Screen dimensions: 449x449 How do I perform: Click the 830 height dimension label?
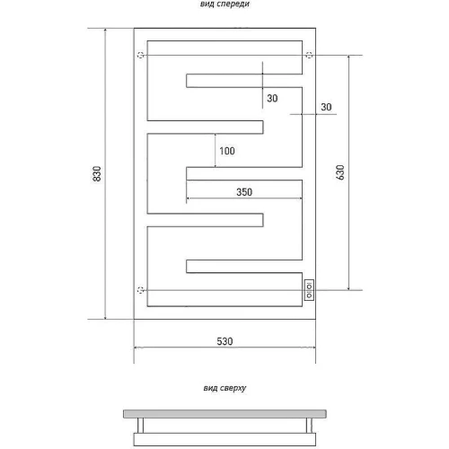pyautogui.click(x=97, y=173)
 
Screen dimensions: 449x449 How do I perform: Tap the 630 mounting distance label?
pyautogui.click(x=340, y=172)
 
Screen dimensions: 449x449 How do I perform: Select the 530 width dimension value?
pyautogui.click(x=224, y=341)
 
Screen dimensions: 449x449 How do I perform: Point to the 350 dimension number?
pyautogui.click(x=244, y=192)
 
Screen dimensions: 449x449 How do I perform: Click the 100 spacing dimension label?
pyautogui.click(x=227, y=151)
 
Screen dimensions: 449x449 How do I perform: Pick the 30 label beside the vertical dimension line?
pyautogui.click(x=272, y=98)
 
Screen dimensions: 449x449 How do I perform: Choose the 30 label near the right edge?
pyautogui.click(x=326, y=107)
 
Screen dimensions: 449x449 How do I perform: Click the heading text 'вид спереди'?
pyautogui.click(x=224, y=4)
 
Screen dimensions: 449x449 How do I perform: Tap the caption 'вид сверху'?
pyautogui.click(x=224, y=388)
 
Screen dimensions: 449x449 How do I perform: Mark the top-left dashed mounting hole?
pyautogui.click(x=141, y=55)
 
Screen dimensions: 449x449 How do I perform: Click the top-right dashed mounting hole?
pyautogui.click(x=309, y=55)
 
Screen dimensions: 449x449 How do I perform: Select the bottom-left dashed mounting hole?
pyautogui.click(x=141, y=290)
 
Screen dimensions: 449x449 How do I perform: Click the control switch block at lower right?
pyautogui.click(x=309, y=290)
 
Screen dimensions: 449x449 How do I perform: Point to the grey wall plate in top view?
pyautogui.click(x=224, y=414)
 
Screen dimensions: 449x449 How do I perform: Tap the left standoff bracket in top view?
pyautogui.click(x=140, y=426)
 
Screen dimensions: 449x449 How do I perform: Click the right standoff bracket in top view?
pyautogui.click(x=309, y=426)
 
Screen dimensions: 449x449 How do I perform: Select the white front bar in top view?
pyautogui.click(x=224, y=439)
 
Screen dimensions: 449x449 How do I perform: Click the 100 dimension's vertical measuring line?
pyautogui.click(x=216, y=150)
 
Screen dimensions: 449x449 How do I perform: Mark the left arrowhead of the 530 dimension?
pyautogui.click(x=137, y=348)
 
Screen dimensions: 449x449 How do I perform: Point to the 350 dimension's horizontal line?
pyautogui.click(x=244, y=198)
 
